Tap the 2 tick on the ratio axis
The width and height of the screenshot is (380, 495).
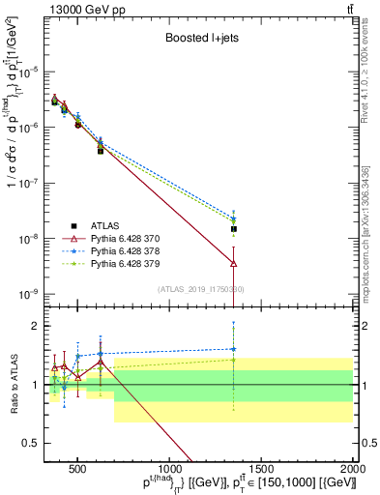(x=35, y=326)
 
